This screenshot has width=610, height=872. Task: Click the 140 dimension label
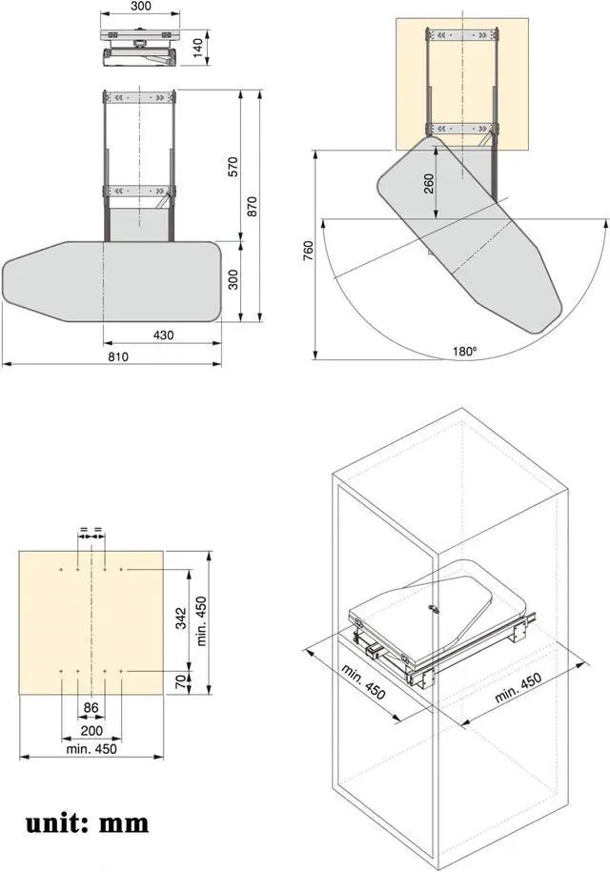198,48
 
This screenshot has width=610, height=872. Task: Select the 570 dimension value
233,167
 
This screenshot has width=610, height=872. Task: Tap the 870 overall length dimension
252,207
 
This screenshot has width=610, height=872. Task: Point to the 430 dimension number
163,335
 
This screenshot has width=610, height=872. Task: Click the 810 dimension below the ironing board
118,356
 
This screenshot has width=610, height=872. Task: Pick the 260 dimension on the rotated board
429,184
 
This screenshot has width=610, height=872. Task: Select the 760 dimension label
309,251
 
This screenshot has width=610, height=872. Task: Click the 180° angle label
464,351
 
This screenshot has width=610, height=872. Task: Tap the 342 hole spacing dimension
181,619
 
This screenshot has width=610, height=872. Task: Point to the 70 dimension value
181,682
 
